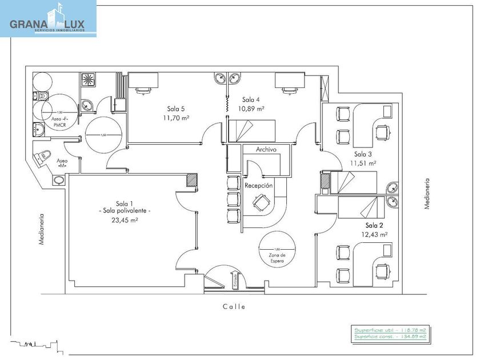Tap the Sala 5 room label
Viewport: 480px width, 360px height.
click(x=176, y=109)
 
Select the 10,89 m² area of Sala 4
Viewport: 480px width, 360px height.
click(x=252, y=109)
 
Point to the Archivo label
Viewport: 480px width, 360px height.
click(x=266, y=149)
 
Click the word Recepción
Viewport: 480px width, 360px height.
click(x=258, y=186)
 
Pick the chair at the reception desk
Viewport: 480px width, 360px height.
click(x=261, y=201)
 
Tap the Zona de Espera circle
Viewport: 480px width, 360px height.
click(x=278, y=251)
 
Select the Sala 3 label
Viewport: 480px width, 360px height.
click(x=363, y=154)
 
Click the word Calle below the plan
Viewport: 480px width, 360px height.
click(x=234, y=307)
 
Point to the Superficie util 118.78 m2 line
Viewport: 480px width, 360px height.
click(x=391, y=330)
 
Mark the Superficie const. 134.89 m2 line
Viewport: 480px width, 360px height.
click(x=391, y=337)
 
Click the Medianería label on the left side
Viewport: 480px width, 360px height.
click(x=41, y=229)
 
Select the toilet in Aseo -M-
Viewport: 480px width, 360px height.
click(x=44, y=157)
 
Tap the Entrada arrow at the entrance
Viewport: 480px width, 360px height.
click(x=235, y=279)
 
